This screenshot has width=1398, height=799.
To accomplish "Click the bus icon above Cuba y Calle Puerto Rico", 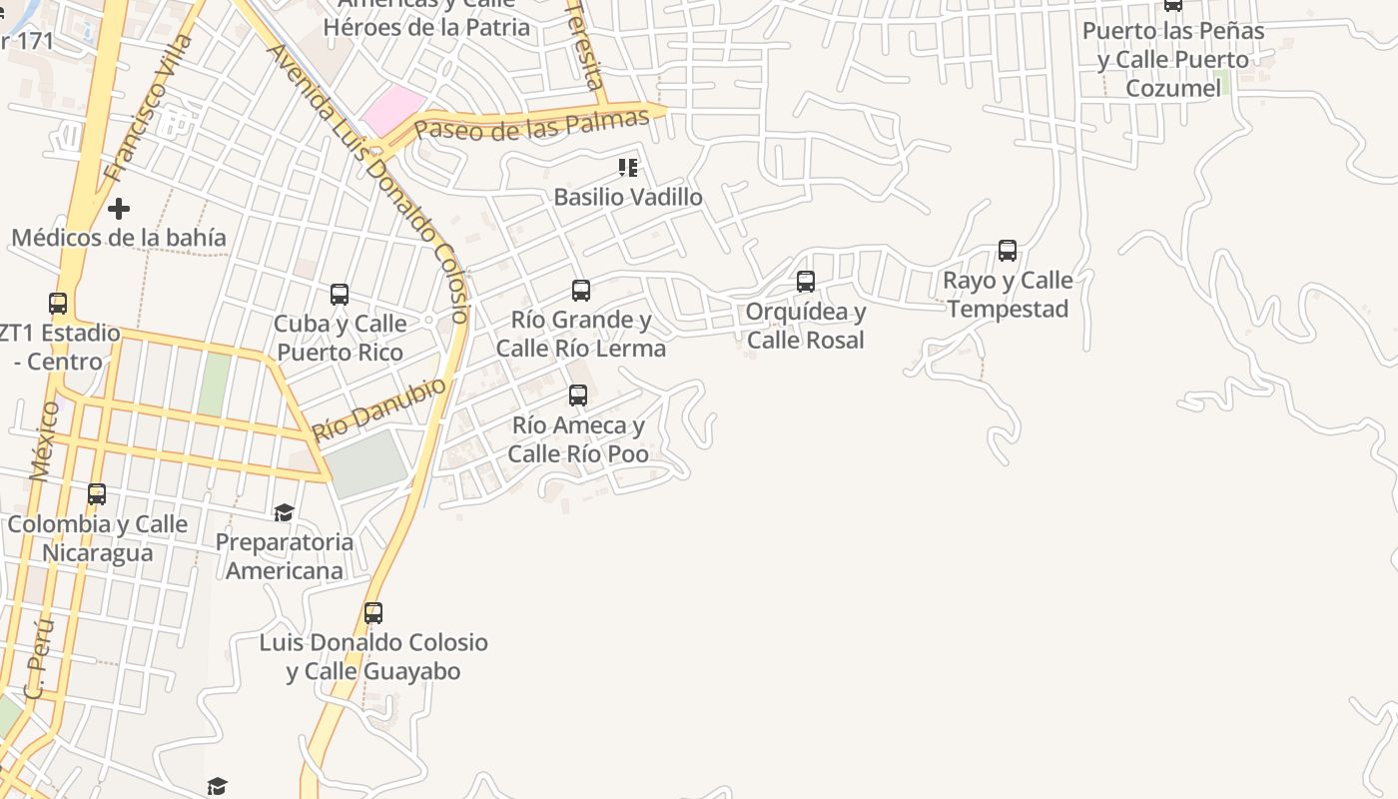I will [340, 295].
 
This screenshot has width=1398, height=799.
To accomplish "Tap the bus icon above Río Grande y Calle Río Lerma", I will [581, 291].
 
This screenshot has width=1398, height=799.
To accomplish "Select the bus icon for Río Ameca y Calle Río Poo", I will [578, 396].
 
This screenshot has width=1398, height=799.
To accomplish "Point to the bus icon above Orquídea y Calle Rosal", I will [806, 282].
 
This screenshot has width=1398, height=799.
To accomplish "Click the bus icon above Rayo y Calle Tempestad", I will [1008, 251].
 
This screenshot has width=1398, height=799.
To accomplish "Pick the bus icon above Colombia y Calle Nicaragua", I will [97, 494].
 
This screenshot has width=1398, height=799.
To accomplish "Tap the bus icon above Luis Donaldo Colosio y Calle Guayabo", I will [373, 613].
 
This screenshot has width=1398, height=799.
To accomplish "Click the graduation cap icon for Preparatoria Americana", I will [285, 513].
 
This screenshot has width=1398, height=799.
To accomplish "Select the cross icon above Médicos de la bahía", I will [119, 209].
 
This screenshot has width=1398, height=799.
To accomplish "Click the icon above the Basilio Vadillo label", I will [628, 168].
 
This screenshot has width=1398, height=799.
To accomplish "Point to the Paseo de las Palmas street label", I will [531, 125].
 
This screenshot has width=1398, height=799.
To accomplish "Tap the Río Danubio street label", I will [379, 409].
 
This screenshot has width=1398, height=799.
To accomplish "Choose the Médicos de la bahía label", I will [119, 238].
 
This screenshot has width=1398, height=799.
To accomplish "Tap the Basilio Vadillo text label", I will [628, 197].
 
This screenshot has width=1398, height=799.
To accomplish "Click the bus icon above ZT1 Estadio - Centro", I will [58, 303].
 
